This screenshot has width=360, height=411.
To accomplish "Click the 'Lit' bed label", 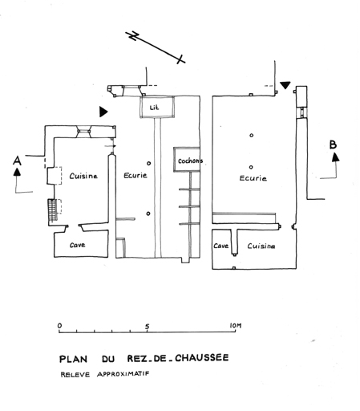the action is pos(154,108).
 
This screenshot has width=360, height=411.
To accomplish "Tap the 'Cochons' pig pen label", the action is pos(190,161).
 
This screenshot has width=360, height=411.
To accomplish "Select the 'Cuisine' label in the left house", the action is pos(83,176).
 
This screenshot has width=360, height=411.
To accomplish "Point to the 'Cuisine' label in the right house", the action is pos(261,246).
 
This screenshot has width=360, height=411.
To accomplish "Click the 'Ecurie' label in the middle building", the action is pos(136,175).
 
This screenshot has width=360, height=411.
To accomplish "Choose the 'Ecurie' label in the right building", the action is pos(253,178).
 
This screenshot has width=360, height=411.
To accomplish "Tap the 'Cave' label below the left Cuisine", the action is pos(78,245).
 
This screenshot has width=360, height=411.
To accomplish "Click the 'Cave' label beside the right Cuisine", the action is pos(220,246).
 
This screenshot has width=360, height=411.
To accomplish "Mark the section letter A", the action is pos(17,161).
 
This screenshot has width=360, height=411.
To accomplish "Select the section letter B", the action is pos(333,144).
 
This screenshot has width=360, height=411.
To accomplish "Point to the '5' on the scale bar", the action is pos(148,327).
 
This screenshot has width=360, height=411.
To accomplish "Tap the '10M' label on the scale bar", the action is pos(236,326).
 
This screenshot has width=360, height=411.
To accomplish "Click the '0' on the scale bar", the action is pos(59,326).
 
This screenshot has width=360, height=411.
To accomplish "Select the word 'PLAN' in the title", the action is pos(73,359).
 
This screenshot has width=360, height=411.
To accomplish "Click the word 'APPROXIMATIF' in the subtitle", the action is pos(123,374).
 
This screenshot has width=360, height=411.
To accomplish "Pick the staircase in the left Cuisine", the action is pos(53,210).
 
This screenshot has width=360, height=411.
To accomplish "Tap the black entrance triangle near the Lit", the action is pos(103,112).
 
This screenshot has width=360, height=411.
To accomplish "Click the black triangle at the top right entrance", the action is pos(285,85).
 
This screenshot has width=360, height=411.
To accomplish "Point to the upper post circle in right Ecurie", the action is pos(251,136).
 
